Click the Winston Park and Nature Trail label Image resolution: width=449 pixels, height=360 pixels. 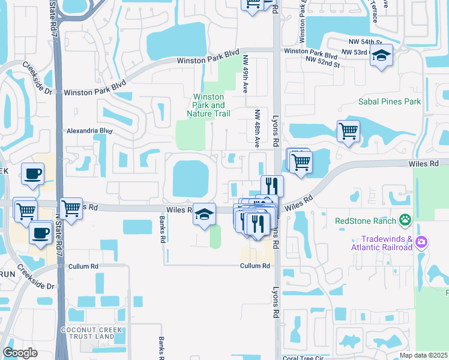click(208, 105)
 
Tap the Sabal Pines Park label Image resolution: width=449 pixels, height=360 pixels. click(390, 101)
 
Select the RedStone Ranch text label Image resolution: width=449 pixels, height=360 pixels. click(366, 220)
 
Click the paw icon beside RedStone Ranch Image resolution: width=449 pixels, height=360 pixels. click(406, 220)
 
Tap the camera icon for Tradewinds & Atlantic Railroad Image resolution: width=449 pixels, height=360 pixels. click(421, 242)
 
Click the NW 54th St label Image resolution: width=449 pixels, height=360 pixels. click(365, 42)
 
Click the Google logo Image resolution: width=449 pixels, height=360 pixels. click(20, 352)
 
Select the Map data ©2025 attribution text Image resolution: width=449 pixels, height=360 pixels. click(423, 355)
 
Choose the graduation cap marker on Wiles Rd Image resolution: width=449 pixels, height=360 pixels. click(204, 213)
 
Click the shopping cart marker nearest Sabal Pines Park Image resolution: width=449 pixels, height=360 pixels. click(348, 130)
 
